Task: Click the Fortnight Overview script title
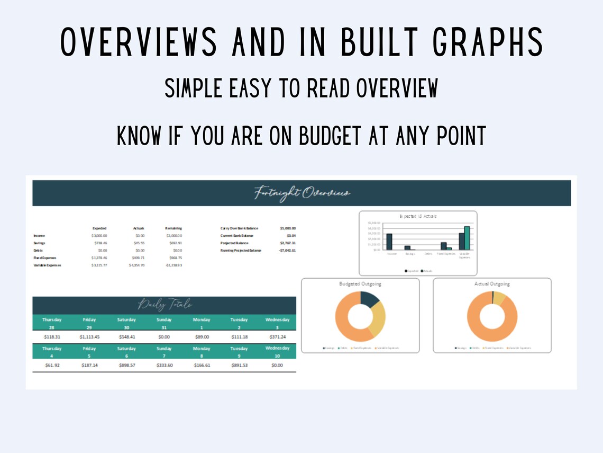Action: (302, 193)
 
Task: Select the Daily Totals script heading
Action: (165, 305)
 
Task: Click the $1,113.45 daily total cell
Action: (89, 336)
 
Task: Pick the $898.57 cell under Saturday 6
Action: (126, 365)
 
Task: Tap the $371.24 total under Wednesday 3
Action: (277, 336)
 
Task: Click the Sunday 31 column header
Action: (164, 323)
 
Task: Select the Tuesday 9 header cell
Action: (239, 352)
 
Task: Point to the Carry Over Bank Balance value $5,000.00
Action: (288, 228)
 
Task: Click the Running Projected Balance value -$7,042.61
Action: (287, 250)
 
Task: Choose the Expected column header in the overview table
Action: (99, 228)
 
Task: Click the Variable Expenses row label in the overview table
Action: (47, 265)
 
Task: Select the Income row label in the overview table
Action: (40, 235)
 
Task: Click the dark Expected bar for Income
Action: (389, 242)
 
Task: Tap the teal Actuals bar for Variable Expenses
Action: (467, 238)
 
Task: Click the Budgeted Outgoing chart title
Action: (360, 284)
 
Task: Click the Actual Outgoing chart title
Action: (492, 284)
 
